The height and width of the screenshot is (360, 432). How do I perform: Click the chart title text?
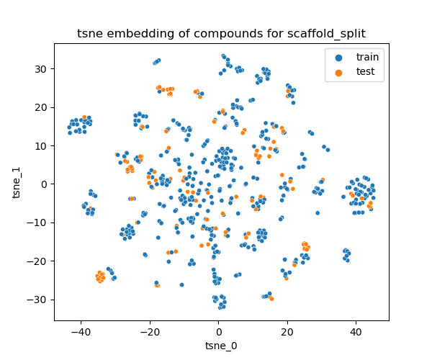pos(221,33)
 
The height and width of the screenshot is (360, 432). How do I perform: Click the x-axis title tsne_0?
pos(221,346)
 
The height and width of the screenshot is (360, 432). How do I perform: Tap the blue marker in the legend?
pos(338,56)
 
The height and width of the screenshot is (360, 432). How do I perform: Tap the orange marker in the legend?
pos(338,71)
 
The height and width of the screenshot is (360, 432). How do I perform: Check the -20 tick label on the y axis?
pos(38,261)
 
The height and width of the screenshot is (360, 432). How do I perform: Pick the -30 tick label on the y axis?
pos(38,300)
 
